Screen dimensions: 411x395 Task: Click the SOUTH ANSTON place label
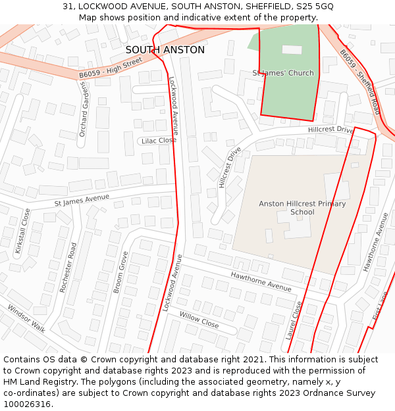coord(165,50)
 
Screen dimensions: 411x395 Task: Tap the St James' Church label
coord(283,73)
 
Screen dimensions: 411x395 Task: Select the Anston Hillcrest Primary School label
coord(302,208)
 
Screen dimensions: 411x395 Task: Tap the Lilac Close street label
coord(159,140)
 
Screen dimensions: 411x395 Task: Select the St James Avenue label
coord(82,199)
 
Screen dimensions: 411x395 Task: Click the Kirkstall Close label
coord(23,231)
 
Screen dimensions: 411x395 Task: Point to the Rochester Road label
coord(68,268)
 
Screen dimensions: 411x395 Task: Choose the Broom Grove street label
coord(120,272)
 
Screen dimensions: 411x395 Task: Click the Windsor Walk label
coord(26,318)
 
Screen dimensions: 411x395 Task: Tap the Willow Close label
coord(199,320)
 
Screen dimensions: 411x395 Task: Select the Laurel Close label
coord(294,320)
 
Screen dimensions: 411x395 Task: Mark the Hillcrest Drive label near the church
coord(330,130)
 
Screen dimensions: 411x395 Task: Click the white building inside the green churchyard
coord(292,49)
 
